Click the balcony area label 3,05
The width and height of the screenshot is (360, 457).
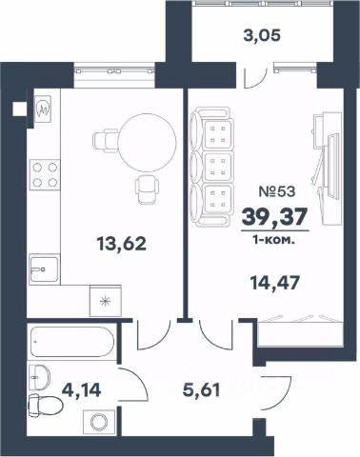click(x=262, y=35)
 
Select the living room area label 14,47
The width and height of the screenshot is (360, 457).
click(x=275, y=283)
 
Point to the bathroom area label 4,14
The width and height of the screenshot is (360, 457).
click(x=82, y=390)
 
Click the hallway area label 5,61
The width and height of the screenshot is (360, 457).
click(x=201, y=390)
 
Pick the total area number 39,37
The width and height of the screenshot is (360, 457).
click(x=274, y=217)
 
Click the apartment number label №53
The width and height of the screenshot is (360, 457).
click(x=277, y=191)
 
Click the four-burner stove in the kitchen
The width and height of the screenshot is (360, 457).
click(x=45, y=174)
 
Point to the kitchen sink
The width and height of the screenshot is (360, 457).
click(x=45, y=269)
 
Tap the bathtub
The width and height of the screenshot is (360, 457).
click(x=72, y=342)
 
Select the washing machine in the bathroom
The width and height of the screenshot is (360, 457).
click(x=99, y=422)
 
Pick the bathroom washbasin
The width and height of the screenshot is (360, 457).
click(x=39, y=377)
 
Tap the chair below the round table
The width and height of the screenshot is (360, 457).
click(x=147, y=189)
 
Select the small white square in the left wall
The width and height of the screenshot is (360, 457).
click(x=19, y=109)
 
